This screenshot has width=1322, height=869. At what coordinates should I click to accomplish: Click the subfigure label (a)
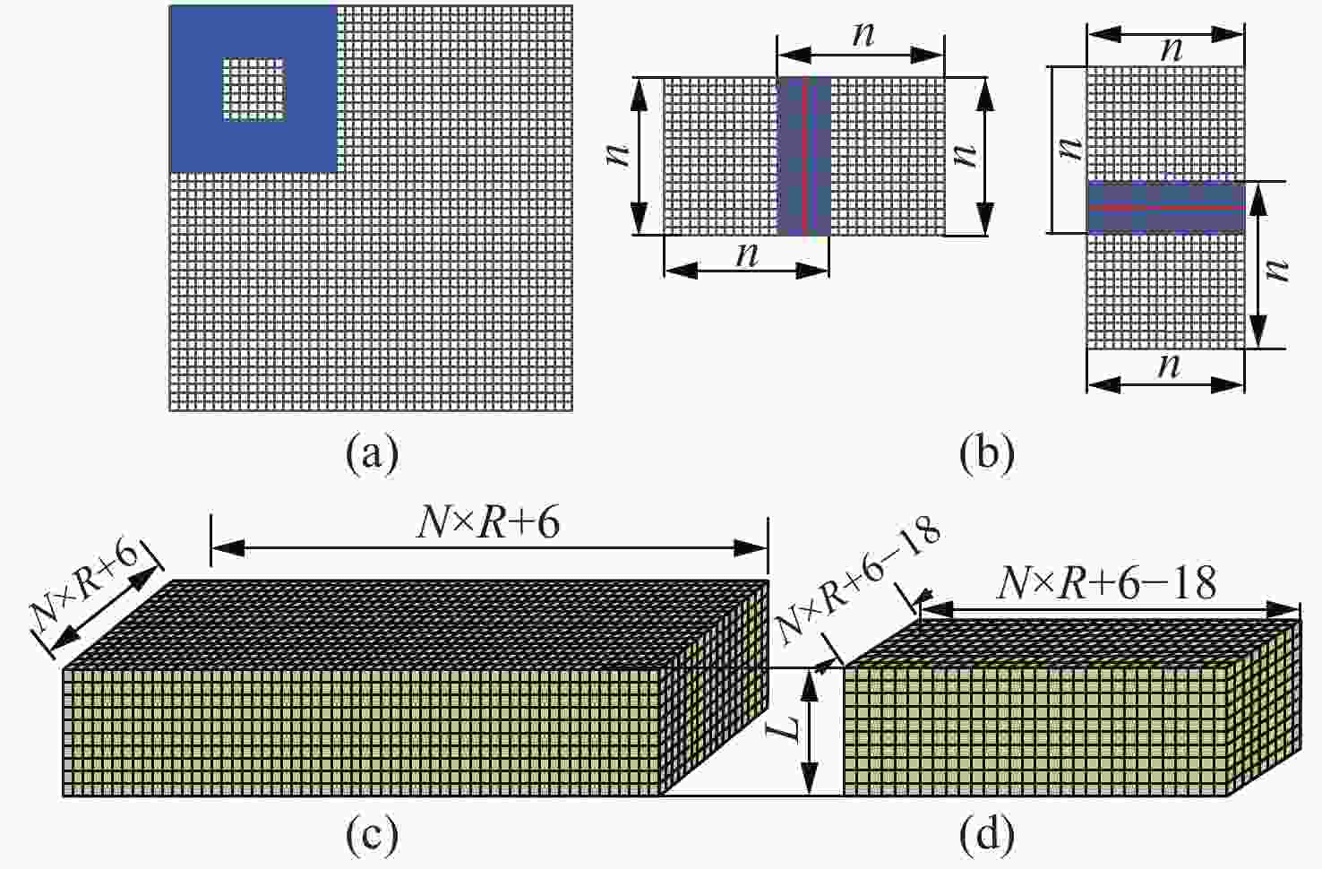pyautogui.click(x=373, y=454)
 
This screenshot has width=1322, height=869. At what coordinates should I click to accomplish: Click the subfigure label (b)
pyautogui.click(x=987, y=454)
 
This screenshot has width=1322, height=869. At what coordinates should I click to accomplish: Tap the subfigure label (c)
pyautogui.click(x=373, y=835)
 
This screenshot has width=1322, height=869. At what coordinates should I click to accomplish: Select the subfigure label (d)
pyautogui.click(x=987, y=835)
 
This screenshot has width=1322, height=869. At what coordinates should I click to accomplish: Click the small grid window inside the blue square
pyautogui.click(x=253, y=90)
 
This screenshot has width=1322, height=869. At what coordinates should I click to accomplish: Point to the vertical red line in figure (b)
pyautogui.click(x=803, y=157)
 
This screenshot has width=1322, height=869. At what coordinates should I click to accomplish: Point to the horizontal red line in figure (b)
pyautogui.click(x=1166, y=208)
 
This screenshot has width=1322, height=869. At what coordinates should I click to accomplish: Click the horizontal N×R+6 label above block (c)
pyautogui.click(x=488, y=523)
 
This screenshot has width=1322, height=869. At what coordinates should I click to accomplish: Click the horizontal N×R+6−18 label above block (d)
pyautogui.click(x=1106, y=584)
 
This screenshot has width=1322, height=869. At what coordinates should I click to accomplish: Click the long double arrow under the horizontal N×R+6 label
pyautogui.click(x=489, y=548)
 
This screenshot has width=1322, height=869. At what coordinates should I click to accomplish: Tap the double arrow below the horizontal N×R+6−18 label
pyautogui.click(x=1110, y=609)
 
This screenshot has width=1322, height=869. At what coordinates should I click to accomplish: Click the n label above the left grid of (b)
pyautogui.click(x=863, y=34)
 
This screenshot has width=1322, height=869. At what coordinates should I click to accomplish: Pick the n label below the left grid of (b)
pyautogui.click(x=747, y=254)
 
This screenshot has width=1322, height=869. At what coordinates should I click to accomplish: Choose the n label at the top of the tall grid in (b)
pyautogui.click(x=1172, y=49)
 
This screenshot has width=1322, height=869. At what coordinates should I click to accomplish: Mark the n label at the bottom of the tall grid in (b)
pyautogui.click(x=1169, y=366)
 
